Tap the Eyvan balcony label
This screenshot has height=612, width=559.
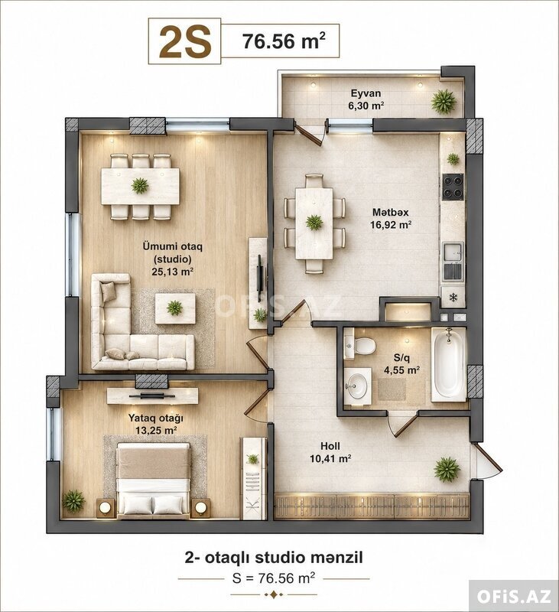tap(366, 93)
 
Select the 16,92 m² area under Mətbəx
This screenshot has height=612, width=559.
tap(392, 225)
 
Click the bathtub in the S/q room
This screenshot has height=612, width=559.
tap(449, 365)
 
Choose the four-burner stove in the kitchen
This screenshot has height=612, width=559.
tap(453, 187)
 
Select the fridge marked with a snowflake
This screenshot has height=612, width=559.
tap(453, 298)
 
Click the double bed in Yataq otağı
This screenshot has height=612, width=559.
tap(154, 480)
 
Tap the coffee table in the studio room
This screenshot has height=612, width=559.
tap(175, 308)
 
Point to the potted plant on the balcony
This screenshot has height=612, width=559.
tap(444, 101)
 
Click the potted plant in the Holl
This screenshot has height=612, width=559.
tap(447, 469)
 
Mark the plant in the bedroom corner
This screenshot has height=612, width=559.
tap(73, 501)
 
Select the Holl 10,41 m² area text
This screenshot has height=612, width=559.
tap(330, 452)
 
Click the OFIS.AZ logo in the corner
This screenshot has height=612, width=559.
tap(514, 597)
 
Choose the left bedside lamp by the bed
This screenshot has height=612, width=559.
tap(106, 507)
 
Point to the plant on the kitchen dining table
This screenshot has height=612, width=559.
tap(314, 223)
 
